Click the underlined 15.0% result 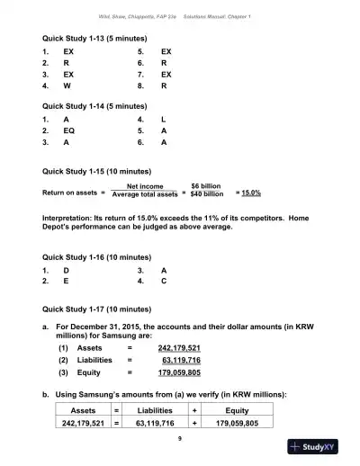(248, 193)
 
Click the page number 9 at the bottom (180, 438)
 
